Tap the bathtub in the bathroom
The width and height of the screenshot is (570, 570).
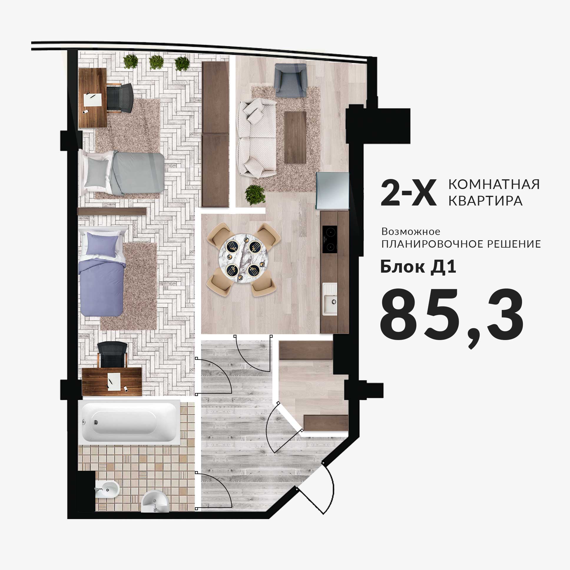coord(131,422)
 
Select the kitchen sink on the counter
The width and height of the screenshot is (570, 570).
coord(329,299)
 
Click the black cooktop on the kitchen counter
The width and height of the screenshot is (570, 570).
coord(329,239)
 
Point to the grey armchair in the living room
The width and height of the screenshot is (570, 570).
coord(290,80)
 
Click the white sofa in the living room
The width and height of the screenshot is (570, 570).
coord(257,138)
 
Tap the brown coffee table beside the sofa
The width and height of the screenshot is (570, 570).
coord(295,137)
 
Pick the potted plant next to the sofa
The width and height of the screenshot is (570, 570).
coord(255,195)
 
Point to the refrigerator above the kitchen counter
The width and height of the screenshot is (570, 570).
coord(332,190)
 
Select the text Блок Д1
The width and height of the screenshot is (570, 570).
coord(418,267)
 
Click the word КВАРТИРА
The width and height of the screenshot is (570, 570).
coord(486,201)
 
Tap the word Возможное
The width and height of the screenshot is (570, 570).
coord(411,231)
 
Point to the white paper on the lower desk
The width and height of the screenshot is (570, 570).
coord(114,382)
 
